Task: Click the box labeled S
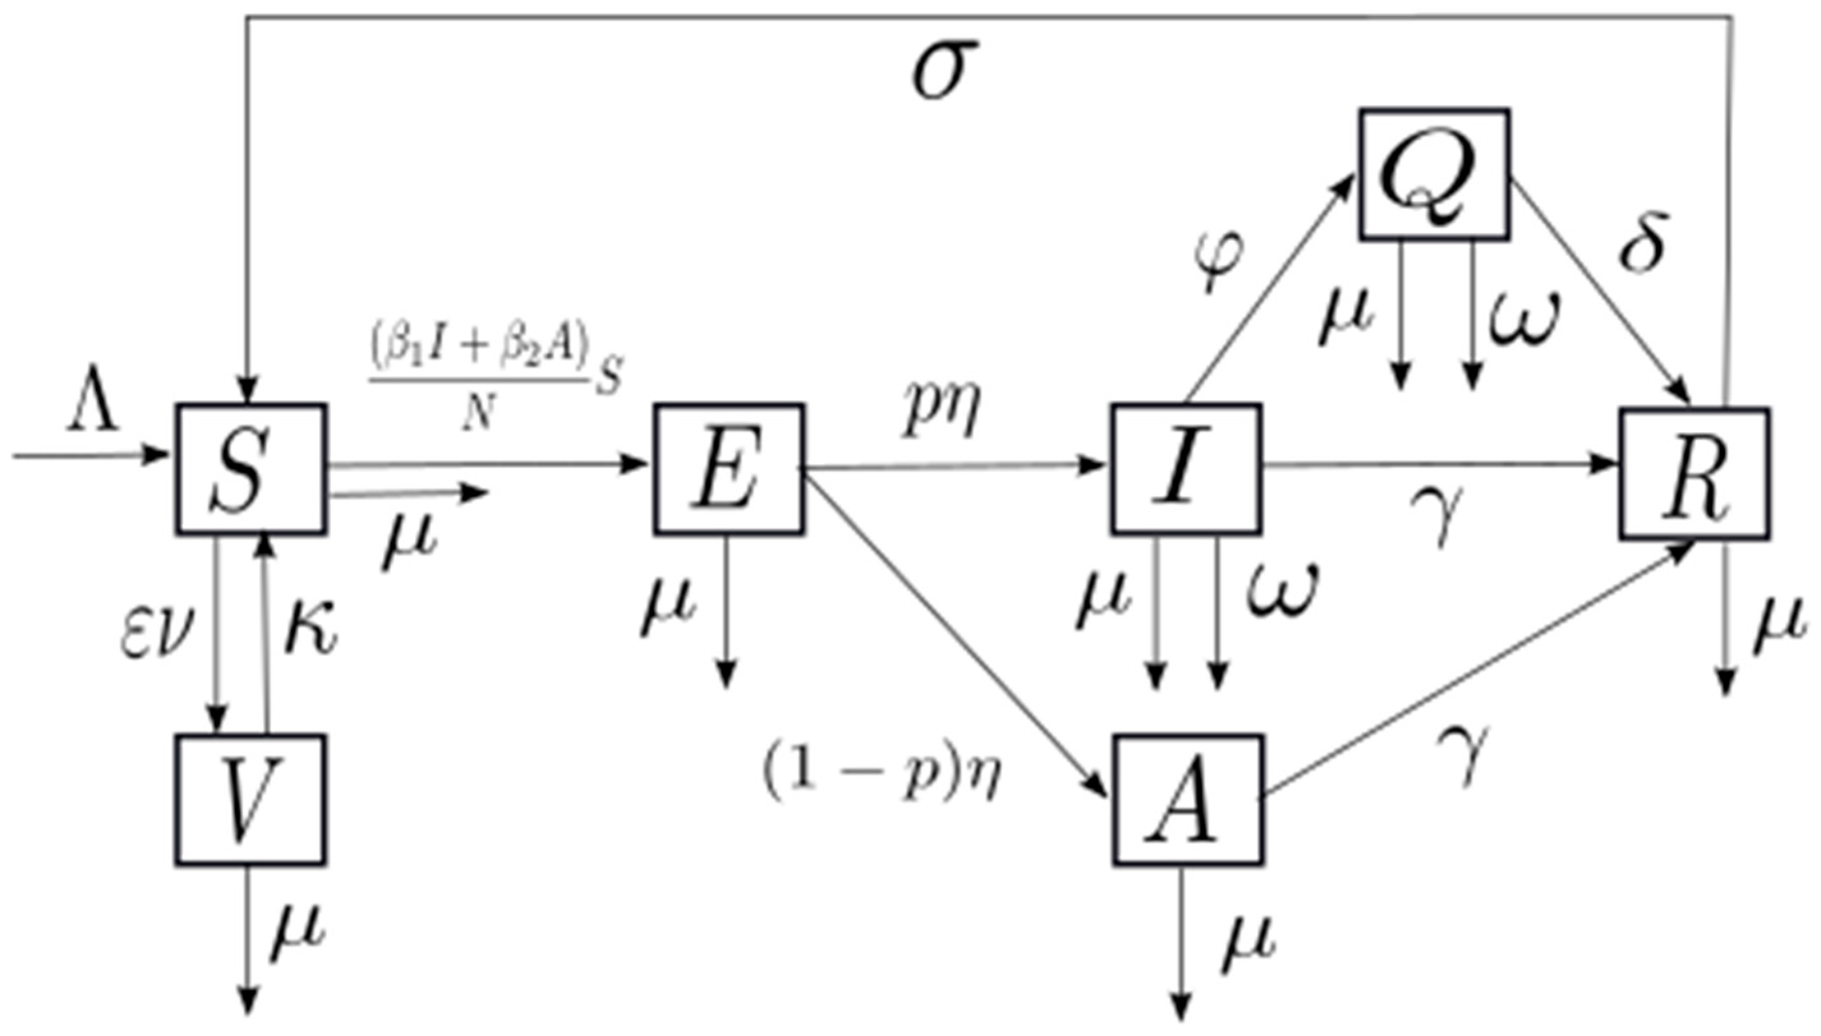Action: tap(250, 468)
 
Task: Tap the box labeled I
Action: tap(1185, 468)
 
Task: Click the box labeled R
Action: tap(1695, 472)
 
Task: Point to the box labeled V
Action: tap(250, 800)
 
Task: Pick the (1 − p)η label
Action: tap(881, 774)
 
